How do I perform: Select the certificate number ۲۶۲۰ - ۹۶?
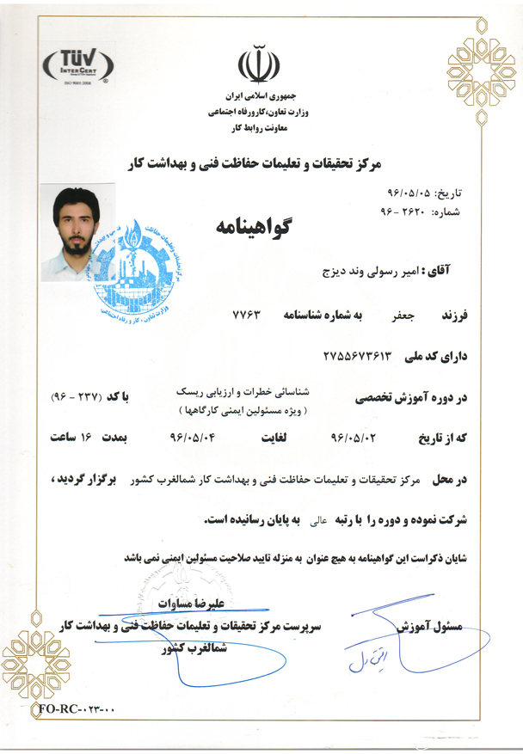[403, 211]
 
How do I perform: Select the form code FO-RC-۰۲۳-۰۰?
[76, 708]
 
